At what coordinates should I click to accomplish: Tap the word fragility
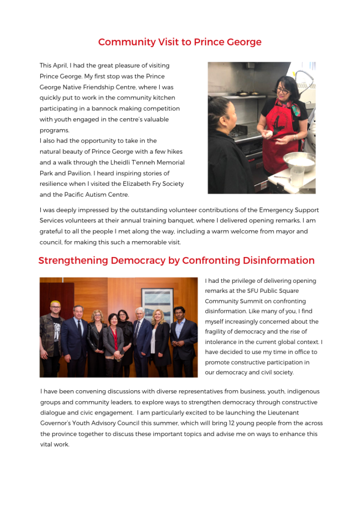pos(218,332)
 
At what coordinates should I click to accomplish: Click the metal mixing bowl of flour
pos(299,160)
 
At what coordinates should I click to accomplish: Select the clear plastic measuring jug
pos(297,176)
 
